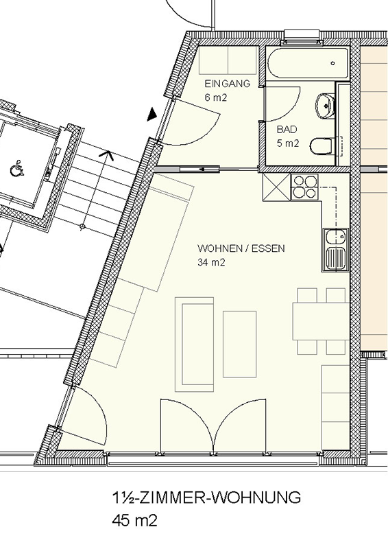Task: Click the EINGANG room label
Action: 228,84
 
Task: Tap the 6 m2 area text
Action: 215,97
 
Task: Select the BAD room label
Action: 287,130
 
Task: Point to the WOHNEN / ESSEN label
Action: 241,248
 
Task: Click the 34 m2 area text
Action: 211,262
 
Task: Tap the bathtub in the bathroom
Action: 308,63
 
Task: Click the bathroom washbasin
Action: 325,104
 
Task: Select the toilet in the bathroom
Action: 322,146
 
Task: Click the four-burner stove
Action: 304,187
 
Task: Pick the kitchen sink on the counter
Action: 335,250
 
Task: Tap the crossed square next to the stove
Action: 276,187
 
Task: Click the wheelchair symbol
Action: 16,168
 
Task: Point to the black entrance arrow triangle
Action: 152,115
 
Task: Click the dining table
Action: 321,321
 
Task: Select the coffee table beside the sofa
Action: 240,344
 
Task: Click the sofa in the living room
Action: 194,344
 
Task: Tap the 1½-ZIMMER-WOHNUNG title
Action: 206,497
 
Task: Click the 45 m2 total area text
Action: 134,520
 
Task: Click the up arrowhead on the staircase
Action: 108,155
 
